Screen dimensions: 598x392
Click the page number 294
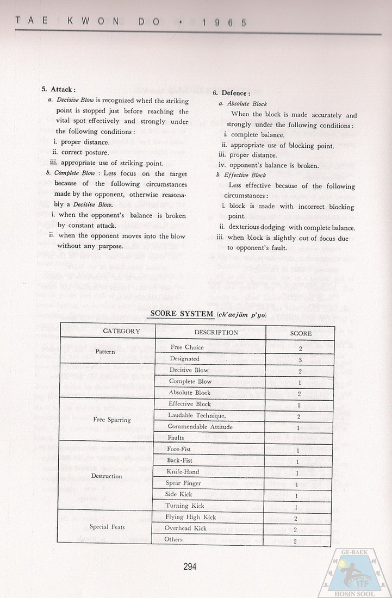[189, 566]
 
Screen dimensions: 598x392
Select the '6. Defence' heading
[231, 93]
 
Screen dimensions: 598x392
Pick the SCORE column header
[301, 332]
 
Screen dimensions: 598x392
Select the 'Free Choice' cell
[186, 347]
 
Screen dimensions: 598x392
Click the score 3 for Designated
[300, 359]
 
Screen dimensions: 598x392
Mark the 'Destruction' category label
[107, 476]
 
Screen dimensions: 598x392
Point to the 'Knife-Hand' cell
[183, 472]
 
